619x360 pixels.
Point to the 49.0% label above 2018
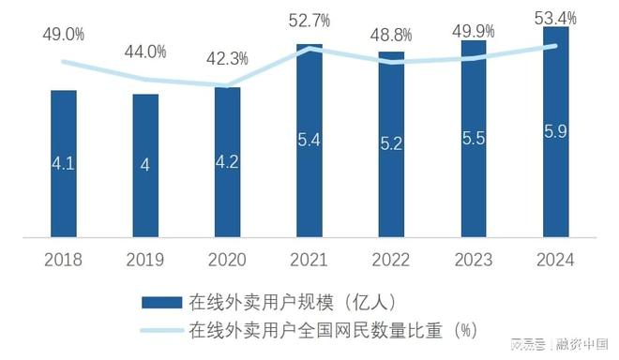[64, 35]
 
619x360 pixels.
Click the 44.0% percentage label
[145, 52]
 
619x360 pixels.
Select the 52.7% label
[310, 18]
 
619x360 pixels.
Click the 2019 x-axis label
[145, 260]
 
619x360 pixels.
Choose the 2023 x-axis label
[474, 260]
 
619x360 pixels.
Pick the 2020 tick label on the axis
[227, 260]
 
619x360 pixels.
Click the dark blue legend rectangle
[160, 302]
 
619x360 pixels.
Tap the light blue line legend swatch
[160, 330]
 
